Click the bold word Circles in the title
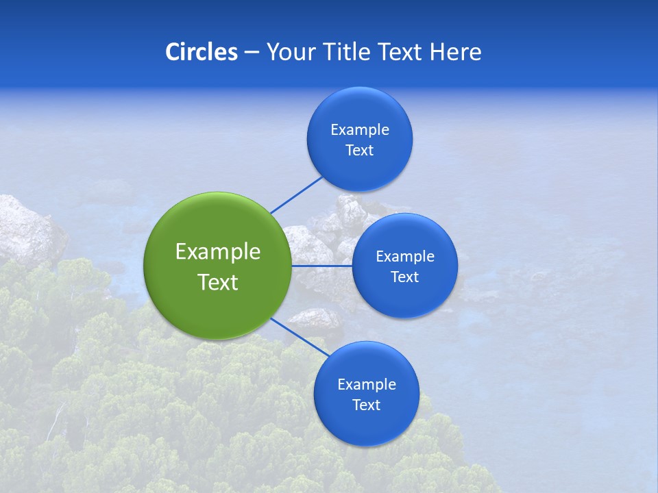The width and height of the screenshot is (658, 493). pos(201,52)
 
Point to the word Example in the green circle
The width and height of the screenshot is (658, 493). pos(217,252)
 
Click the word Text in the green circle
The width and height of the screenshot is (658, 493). pos(217,282)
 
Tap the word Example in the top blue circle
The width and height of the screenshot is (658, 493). pos(359,130)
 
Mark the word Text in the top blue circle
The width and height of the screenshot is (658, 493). pos(359,151)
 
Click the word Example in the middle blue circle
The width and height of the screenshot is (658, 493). pos(404,257)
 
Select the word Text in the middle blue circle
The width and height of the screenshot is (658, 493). pos(404,277)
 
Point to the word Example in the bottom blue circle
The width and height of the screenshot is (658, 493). pos(366,385)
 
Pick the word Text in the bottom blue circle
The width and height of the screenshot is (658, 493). pos(366,405)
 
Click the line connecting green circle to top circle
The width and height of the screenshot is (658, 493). pos(296,194)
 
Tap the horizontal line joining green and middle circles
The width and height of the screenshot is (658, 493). pos(321,266)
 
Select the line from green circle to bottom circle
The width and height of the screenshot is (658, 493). pos(300,338)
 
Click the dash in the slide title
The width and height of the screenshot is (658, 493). pos(252,53)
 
